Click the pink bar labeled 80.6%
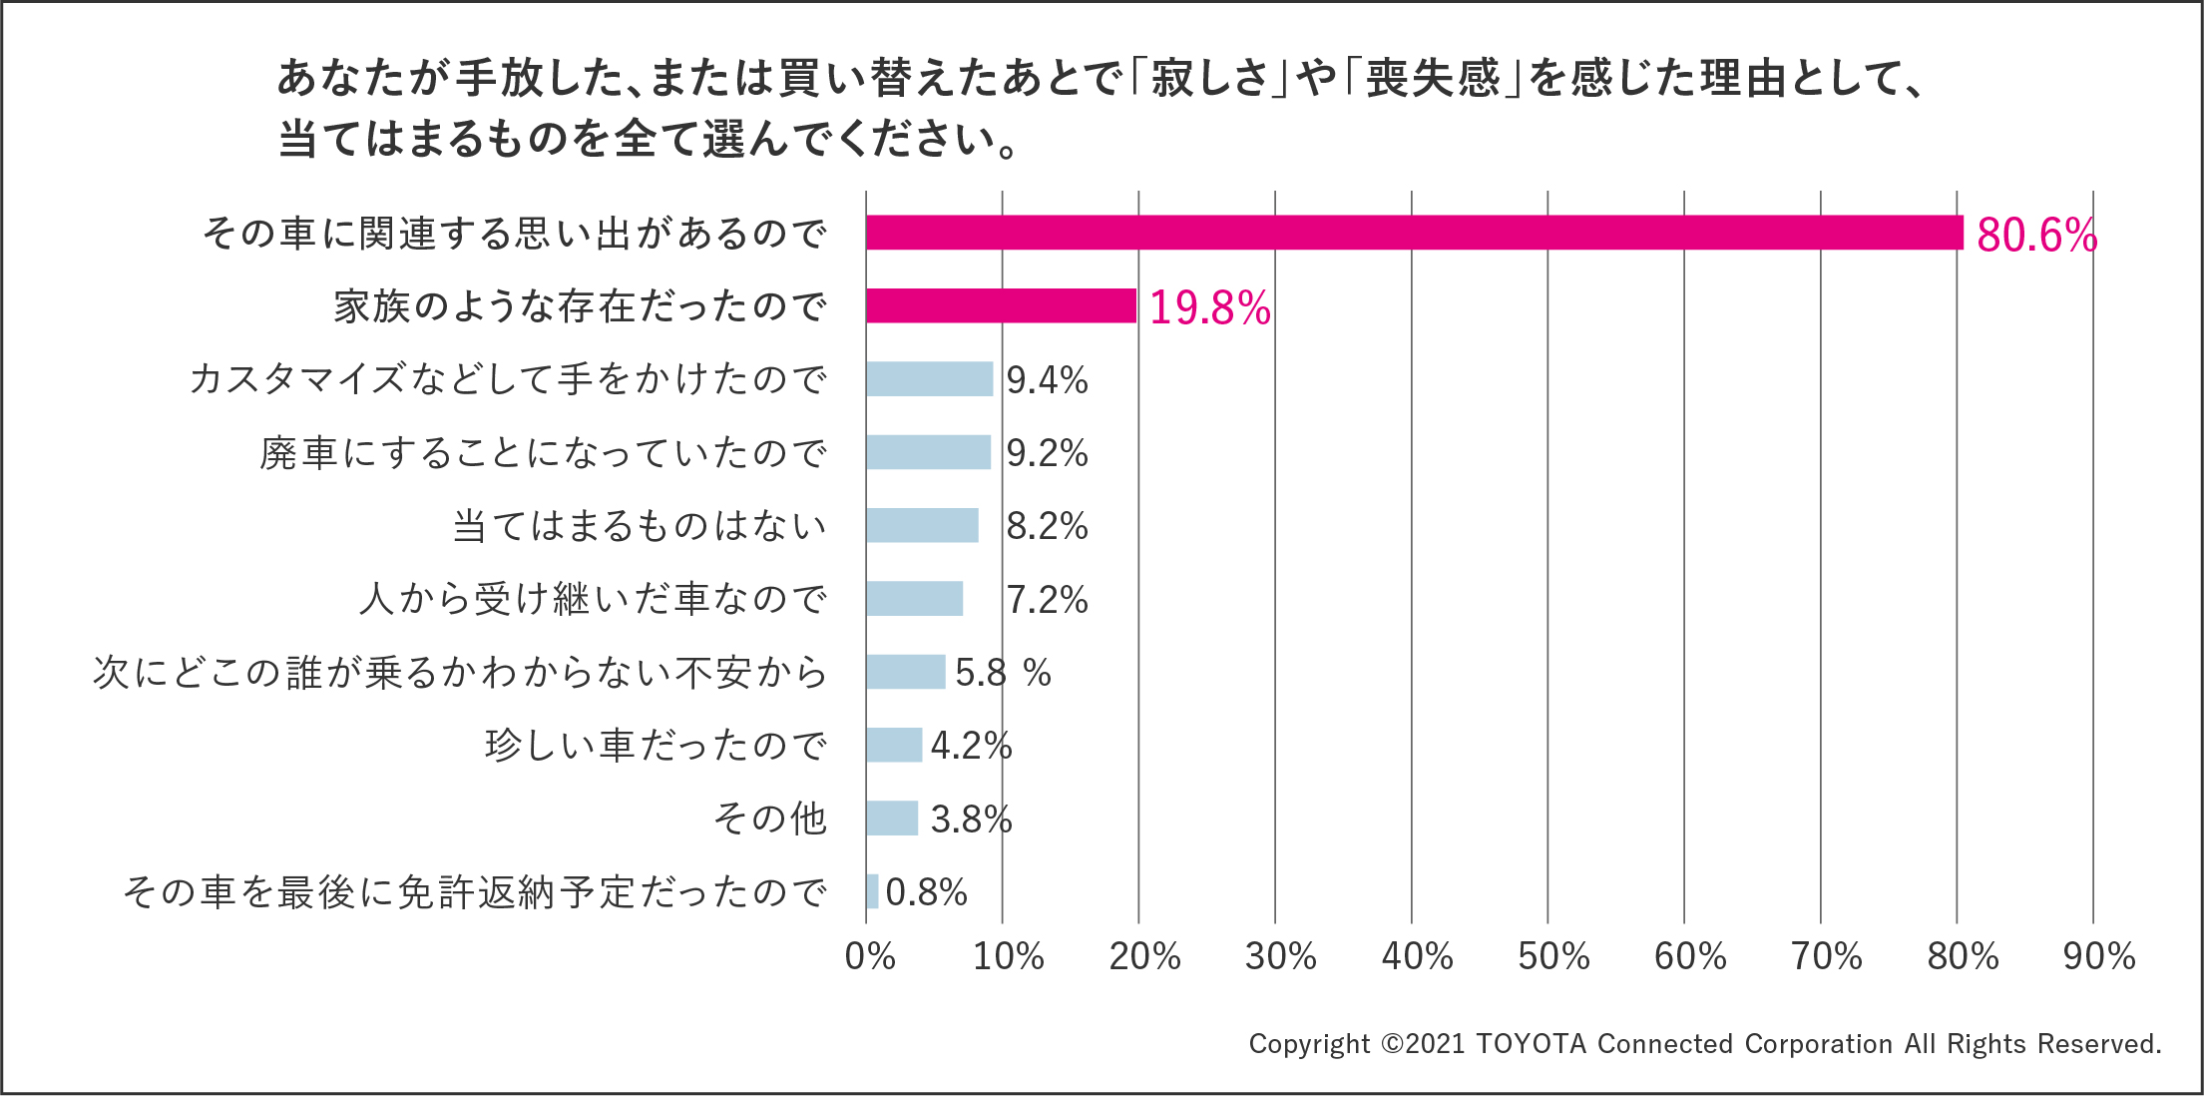tap(1414, 233)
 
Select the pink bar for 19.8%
tap(1001, 305)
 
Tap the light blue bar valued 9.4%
tap(929, 379)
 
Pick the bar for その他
tap(891, 819)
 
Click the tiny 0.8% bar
tap(872, 891)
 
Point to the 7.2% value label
tap(1047, 599)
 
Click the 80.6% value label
tap(2036, 236)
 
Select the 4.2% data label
tap(971, 746)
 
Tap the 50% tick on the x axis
tap(1553, 956)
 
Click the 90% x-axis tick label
tap(2099, 956)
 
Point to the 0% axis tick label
tap(869, 956)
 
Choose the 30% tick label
tap(1280, 956)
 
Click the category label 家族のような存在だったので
tap(580, 306)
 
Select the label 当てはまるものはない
tap(640, 526)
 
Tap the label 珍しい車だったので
tap(656, 746)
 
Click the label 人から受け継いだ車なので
tap(593, 599)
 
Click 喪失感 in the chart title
tap(1433, 78)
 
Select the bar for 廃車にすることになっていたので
tap(928, 452)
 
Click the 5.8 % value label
tap(1003, 673)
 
